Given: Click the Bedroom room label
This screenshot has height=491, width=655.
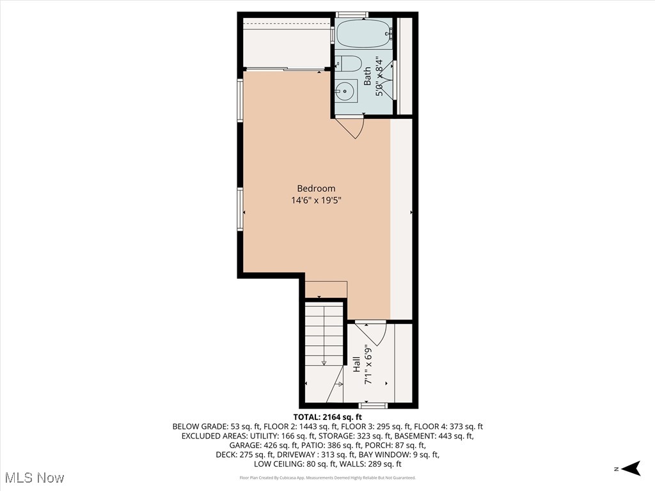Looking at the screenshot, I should [316, 189].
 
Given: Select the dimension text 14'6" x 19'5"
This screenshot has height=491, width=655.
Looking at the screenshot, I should [316, 201].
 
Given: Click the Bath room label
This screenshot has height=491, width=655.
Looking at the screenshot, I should [368, 77].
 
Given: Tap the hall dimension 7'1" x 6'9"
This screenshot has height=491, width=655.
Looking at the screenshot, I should [368, 365].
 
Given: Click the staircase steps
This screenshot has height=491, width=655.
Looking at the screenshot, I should [325, 336].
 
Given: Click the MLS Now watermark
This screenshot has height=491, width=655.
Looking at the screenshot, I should [34, 478].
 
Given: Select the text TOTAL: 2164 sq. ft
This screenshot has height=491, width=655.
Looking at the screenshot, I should [327, 417].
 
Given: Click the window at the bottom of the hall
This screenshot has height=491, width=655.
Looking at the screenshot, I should [373, 405].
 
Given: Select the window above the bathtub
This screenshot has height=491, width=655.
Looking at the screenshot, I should [351, 14].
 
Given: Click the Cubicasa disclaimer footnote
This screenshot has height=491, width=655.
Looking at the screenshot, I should [327, 478].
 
